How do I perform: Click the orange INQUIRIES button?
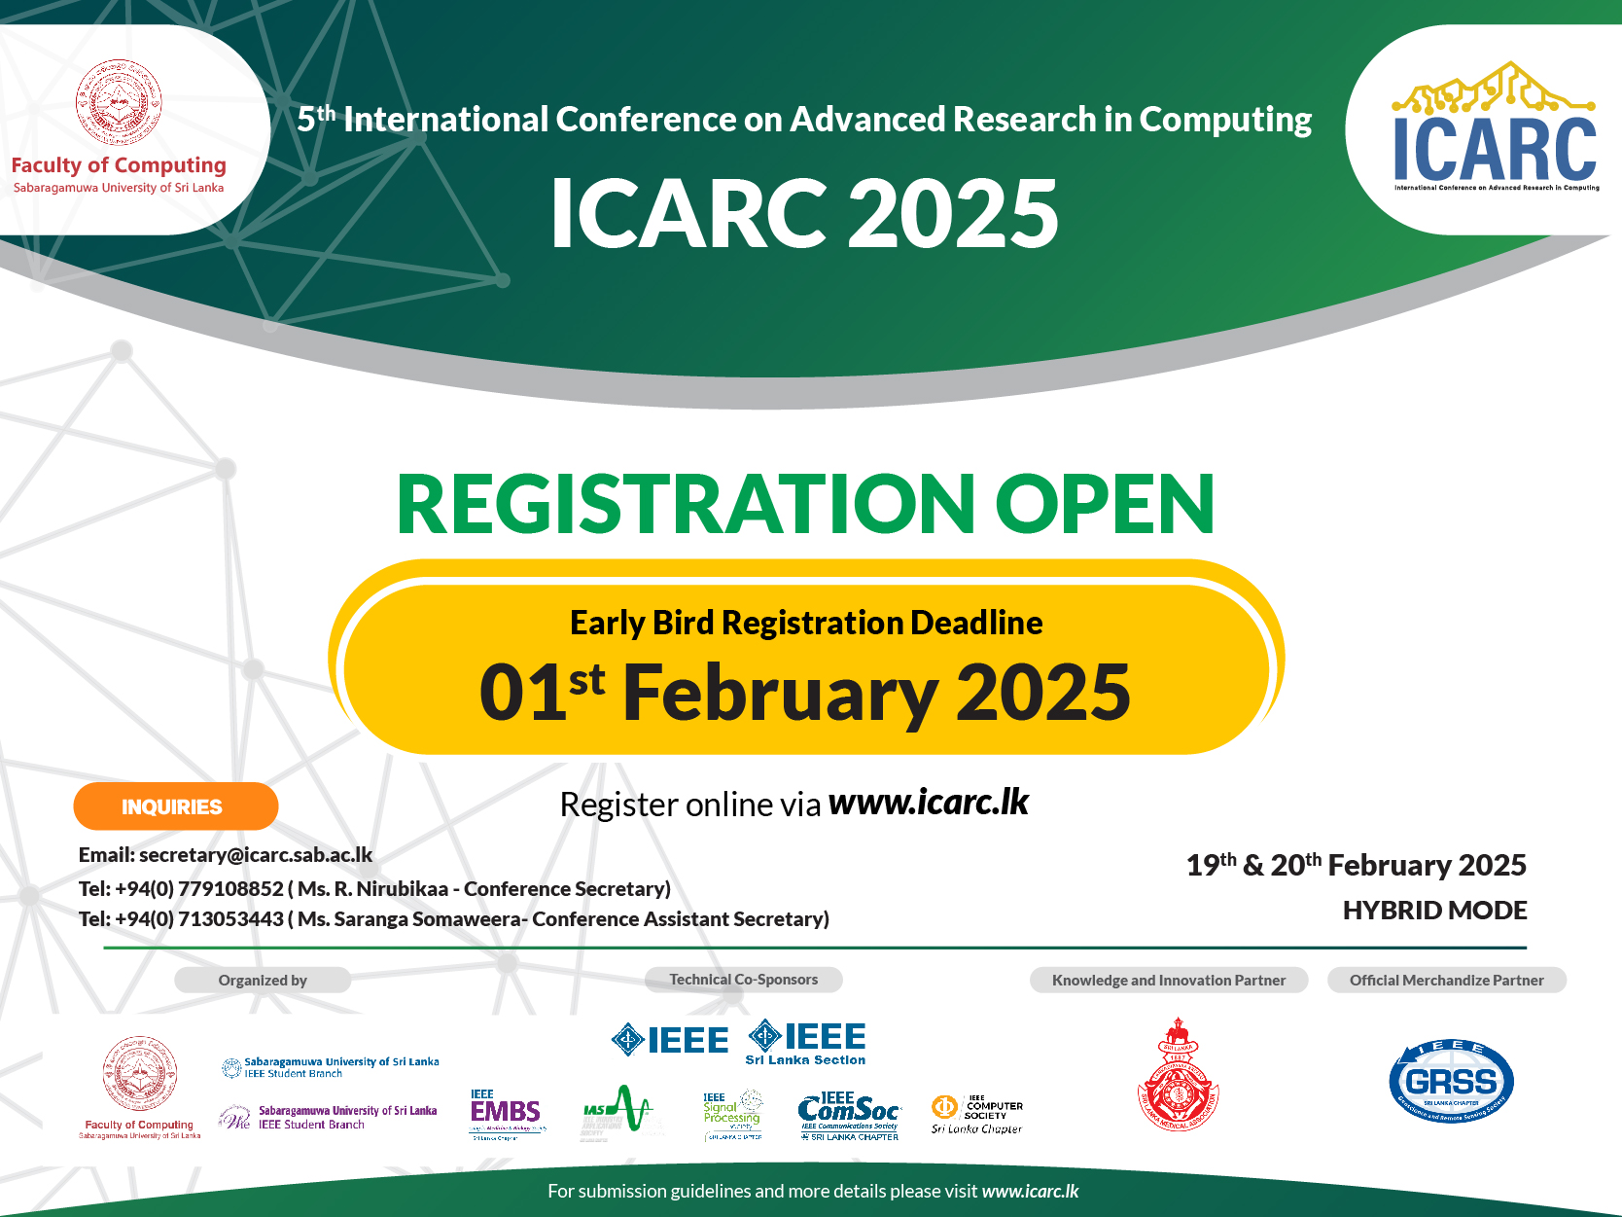pos(175,806)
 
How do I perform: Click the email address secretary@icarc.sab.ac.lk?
pos(256,855)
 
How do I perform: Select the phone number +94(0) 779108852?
pos(199,889)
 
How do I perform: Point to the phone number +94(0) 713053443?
pos(199,919)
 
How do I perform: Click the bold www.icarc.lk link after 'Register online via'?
pos(928,803)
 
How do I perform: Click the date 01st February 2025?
pos(805,693)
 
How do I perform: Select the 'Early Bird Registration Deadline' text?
pos(806,623)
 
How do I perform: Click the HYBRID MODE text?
pos(1434,911)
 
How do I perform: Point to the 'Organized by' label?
pos(263,981)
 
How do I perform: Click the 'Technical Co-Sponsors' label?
pos(743,980)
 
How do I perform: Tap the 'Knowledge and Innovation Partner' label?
pos(1168,981)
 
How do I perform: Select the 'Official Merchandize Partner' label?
pos(1446,981)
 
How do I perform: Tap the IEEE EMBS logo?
pos(506,1113)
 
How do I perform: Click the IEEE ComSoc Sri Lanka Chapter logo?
pos(849,1115)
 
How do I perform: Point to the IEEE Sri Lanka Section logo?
pos(806,1042)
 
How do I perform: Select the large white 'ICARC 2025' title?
pos(804,214)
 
